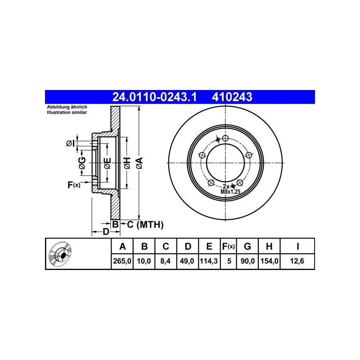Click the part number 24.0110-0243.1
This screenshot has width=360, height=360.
tap(154, 97)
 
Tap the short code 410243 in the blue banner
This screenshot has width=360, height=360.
tap(232, 97)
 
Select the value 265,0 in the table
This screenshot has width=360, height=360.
tap(122, 261)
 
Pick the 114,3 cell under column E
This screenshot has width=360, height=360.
tap(209, 261)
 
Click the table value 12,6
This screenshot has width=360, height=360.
tap(297, 261)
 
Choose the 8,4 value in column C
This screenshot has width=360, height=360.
tap(166, 261)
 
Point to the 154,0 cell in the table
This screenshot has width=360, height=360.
tap(269, 261)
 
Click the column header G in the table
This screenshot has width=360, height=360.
tap(247, 246)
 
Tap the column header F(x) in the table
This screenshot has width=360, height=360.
tap(229, 246)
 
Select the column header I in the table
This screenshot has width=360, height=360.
tap(297, 246)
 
